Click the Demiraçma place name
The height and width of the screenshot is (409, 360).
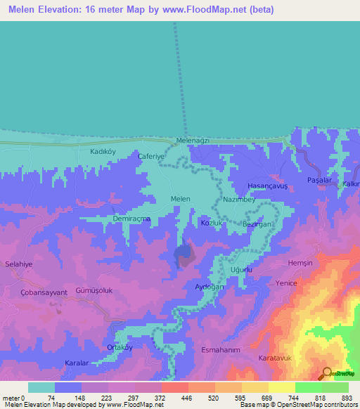pos(132,219)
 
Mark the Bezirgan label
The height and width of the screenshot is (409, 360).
pos(257,223)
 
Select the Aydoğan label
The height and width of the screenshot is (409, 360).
pos(209,287)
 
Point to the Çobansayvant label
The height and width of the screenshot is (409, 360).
pos(44,292)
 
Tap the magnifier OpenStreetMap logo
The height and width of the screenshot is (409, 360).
pos(327,374)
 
